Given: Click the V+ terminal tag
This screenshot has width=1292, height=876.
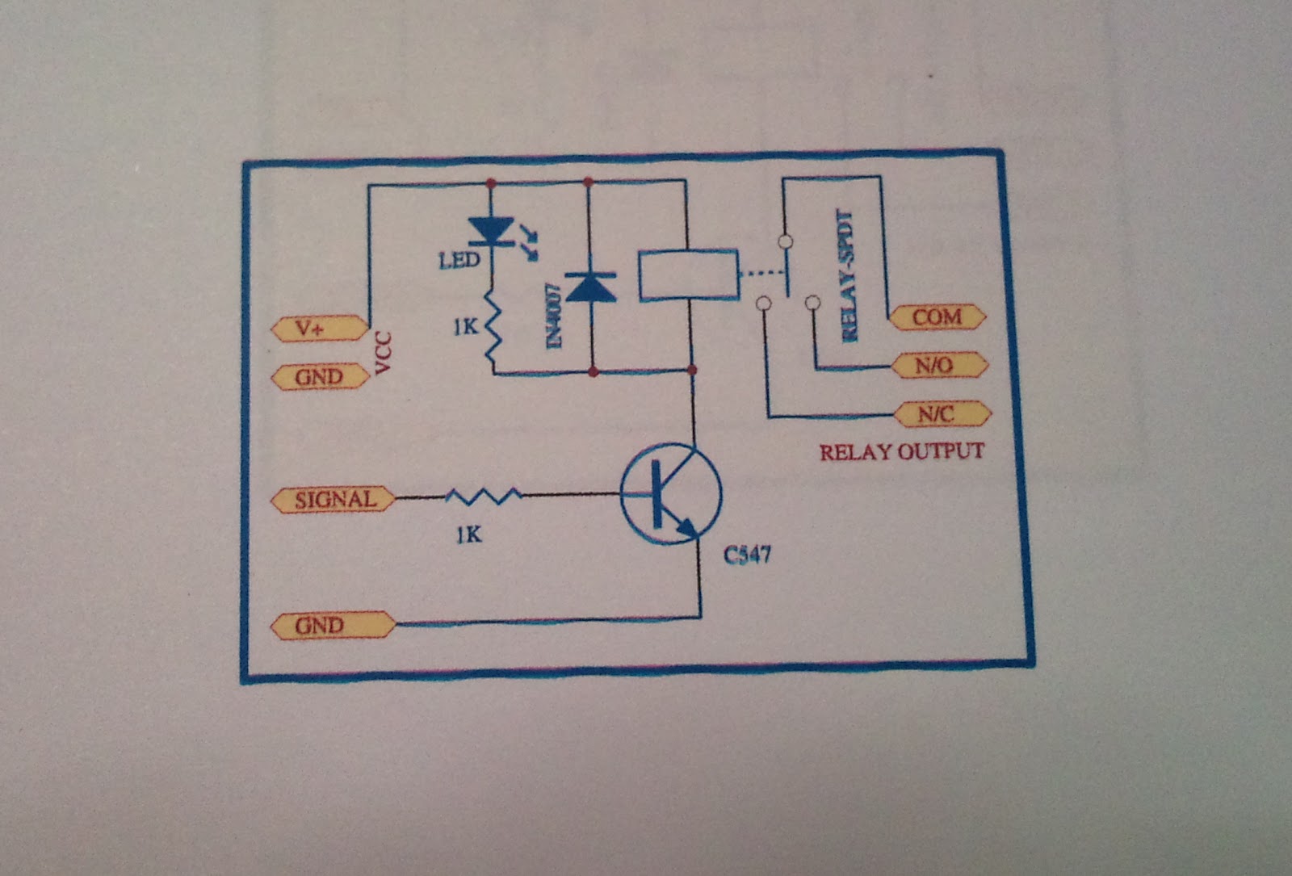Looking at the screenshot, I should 318,329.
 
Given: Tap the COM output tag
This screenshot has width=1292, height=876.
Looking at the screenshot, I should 937,317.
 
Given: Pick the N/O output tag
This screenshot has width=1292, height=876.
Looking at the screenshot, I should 938,365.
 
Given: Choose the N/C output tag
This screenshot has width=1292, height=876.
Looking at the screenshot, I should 941,414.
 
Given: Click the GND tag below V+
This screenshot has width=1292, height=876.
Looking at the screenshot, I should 318,377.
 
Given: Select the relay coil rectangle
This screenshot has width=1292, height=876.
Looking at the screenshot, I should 688,276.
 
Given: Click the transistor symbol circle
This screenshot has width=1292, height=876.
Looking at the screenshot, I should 670,494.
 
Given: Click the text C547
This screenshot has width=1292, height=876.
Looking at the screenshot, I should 747,555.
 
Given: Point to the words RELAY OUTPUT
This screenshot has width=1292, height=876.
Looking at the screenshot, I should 902,451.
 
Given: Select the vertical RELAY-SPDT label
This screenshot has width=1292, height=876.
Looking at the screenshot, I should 848,275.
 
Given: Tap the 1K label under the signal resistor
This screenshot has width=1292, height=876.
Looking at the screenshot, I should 468,534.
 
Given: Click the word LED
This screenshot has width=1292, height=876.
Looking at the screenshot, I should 459,261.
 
